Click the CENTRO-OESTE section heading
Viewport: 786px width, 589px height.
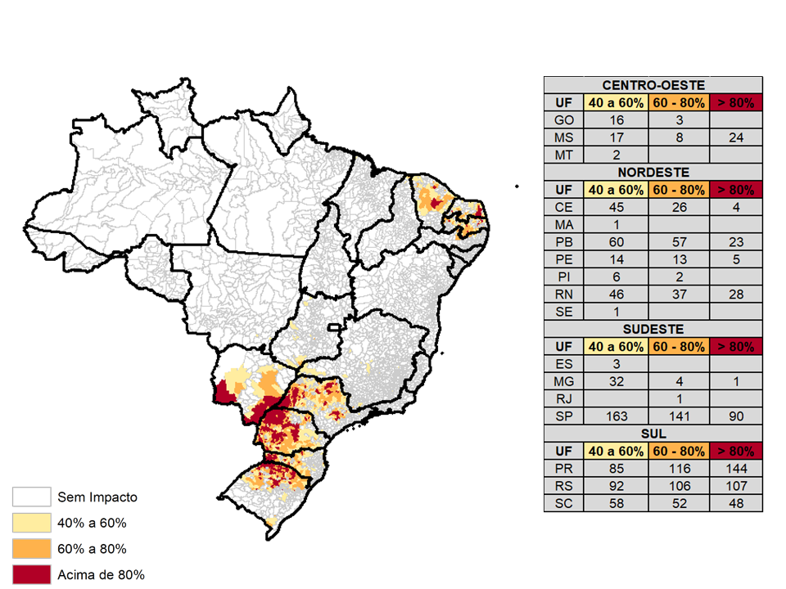click(x=653, y=85)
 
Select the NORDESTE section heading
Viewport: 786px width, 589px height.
click(x=653, y=172)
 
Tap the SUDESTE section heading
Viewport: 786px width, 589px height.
click(x=653, y=329)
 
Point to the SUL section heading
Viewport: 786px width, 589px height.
click(x=653, y=434)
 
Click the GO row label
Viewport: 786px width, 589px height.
click(x=564, y=120)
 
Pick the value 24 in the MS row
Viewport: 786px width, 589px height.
click(x=735, y=137)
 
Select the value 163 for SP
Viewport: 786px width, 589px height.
click(x=616, y=416)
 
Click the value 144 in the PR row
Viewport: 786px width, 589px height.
click(x=735, y=470)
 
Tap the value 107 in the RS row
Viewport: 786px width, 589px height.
click(x=735, y=487)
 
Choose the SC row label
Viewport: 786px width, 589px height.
click(x=564, y=504)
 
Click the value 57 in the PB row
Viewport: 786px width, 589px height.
click(x=679, y=242)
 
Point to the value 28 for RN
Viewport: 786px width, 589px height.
click(x=735, y=294)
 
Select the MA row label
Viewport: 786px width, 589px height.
click(x=564, y=225)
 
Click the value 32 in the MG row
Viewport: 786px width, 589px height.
click(x=616, y=381)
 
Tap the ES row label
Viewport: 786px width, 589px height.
click(x=564, y=364)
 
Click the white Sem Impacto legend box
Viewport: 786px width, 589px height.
click(x=30, y=497)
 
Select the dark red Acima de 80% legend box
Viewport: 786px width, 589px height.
click(x=30, y=574)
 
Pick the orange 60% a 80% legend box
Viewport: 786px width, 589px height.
click(x=30, y=548)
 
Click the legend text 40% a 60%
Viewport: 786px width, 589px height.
click(x=92, y=523)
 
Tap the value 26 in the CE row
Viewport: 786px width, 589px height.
click(x=679, y=207)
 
